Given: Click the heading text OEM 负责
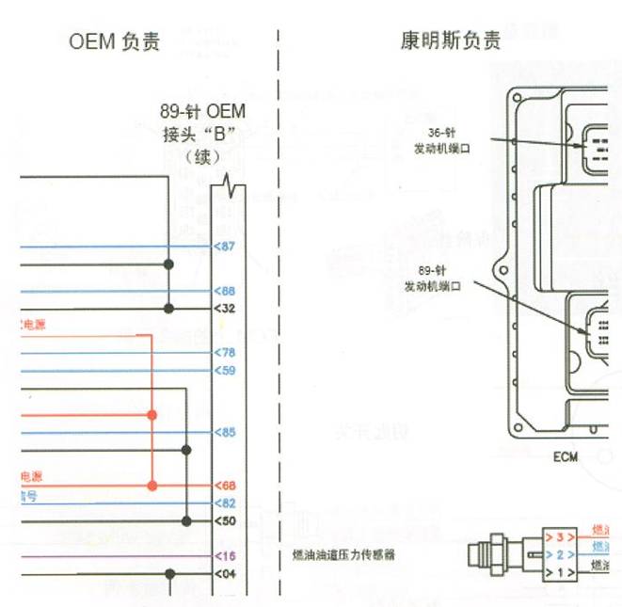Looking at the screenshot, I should (115, 41).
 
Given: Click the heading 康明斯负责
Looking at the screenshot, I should (450, 41).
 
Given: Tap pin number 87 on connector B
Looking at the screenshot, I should (225, 247).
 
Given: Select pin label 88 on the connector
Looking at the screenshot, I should (225, 292).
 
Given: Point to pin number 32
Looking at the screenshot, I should (225, 308).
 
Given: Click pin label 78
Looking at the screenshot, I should (225, 352).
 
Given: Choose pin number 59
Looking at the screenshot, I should (225, 370).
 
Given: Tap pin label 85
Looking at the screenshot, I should (225, 433).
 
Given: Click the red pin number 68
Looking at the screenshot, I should (225, 486).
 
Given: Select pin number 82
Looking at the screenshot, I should (225, 503).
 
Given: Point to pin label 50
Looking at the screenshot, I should (225, 520).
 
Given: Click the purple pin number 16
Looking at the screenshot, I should (225, 555).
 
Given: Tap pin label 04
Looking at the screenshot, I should (225, 572).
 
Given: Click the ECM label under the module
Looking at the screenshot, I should (566, 457).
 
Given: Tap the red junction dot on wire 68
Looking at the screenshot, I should (152, 486).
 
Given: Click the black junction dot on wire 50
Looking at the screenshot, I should (186, 520).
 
